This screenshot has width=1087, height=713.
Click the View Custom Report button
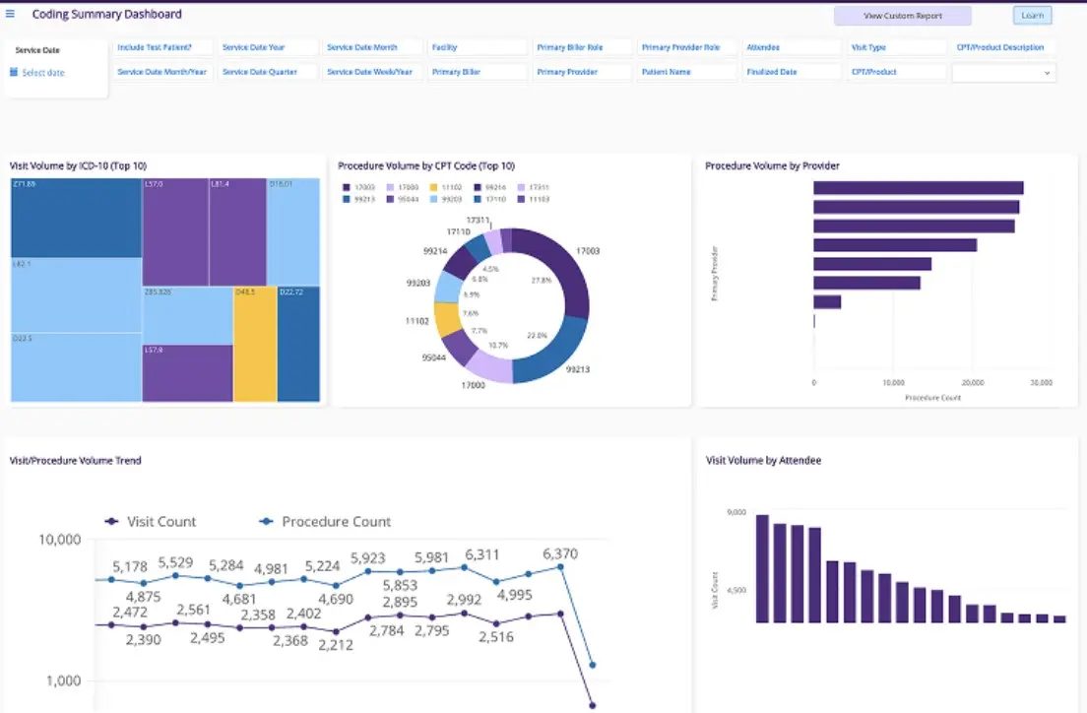(902, 16)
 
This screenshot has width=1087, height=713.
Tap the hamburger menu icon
(11, 14)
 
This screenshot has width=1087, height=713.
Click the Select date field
(42, 73)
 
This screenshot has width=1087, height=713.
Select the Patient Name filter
(686, 72)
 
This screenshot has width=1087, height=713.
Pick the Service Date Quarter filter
(267, 72)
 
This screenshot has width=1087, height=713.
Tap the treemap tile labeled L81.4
(237, 231)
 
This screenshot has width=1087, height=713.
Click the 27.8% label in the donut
(541, 282)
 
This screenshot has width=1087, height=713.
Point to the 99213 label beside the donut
(577, 370)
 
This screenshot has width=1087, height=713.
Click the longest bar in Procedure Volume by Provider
(918, 188)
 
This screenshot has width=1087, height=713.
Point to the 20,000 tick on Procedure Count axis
(971, 382)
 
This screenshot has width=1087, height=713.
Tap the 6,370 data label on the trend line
(559, 553)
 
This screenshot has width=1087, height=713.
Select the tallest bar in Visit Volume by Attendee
(761, 568)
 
